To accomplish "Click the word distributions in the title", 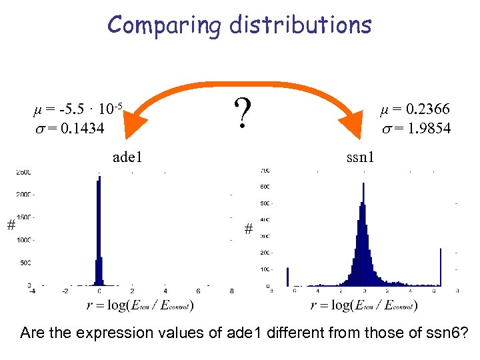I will pos(300,25).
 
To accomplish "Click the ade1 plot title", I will pos(128,158).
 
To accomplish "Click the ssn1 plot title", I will pos(361,158).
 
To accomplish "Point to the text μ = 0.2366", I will pos(415,109).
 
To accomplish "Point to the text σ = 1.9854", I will pos(416,128).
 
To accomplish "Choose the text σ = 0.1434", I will pos(69,128).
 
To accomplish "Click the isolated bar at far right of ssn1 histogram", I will pos(441,267).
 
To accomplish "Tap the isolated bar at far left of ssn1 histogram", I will pos(287,277).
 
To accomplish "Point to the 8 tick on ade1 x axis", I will pos(231,291).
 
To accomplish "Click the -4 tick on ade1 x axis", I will pos(31,291).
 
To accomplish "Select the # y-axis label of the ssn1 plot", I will pos(248,229).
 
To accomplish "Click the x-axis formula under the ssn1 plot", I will pos(364,305).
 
